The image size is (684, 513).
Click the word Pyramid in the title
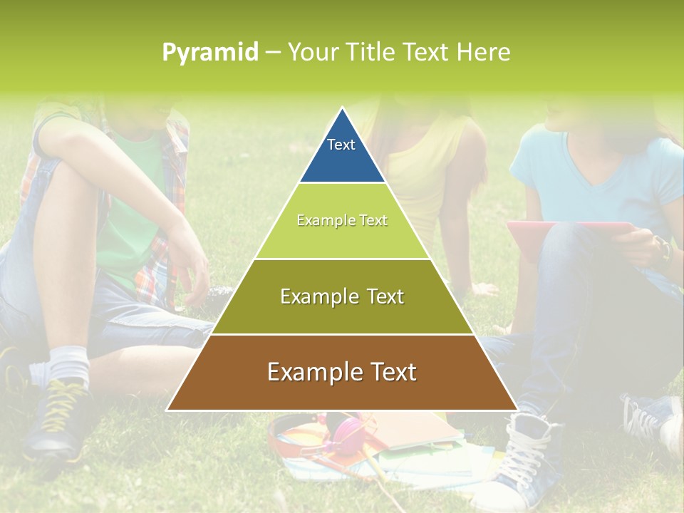pos(210,53)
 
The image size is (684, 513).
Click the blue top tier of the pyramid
pos(342,153)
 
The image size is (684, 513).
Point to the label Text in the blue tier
pos(341,145)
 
